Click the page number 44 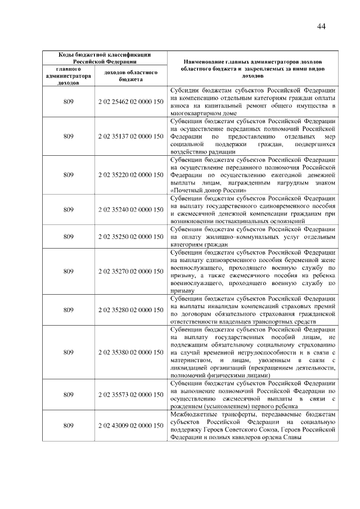322,26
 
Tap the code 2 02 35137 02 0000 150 130,136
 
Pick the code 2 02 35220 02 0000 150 130,175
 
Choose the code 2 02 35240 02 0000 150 130,210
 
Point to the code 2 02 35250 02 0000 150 130,237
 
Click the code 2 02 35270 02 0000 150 130,271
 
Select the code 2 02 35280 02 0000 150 130,310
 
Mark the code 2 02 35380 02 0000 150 130,352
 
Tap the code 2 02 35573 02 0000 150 130,395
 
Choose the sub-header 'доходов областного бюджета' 130,75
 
